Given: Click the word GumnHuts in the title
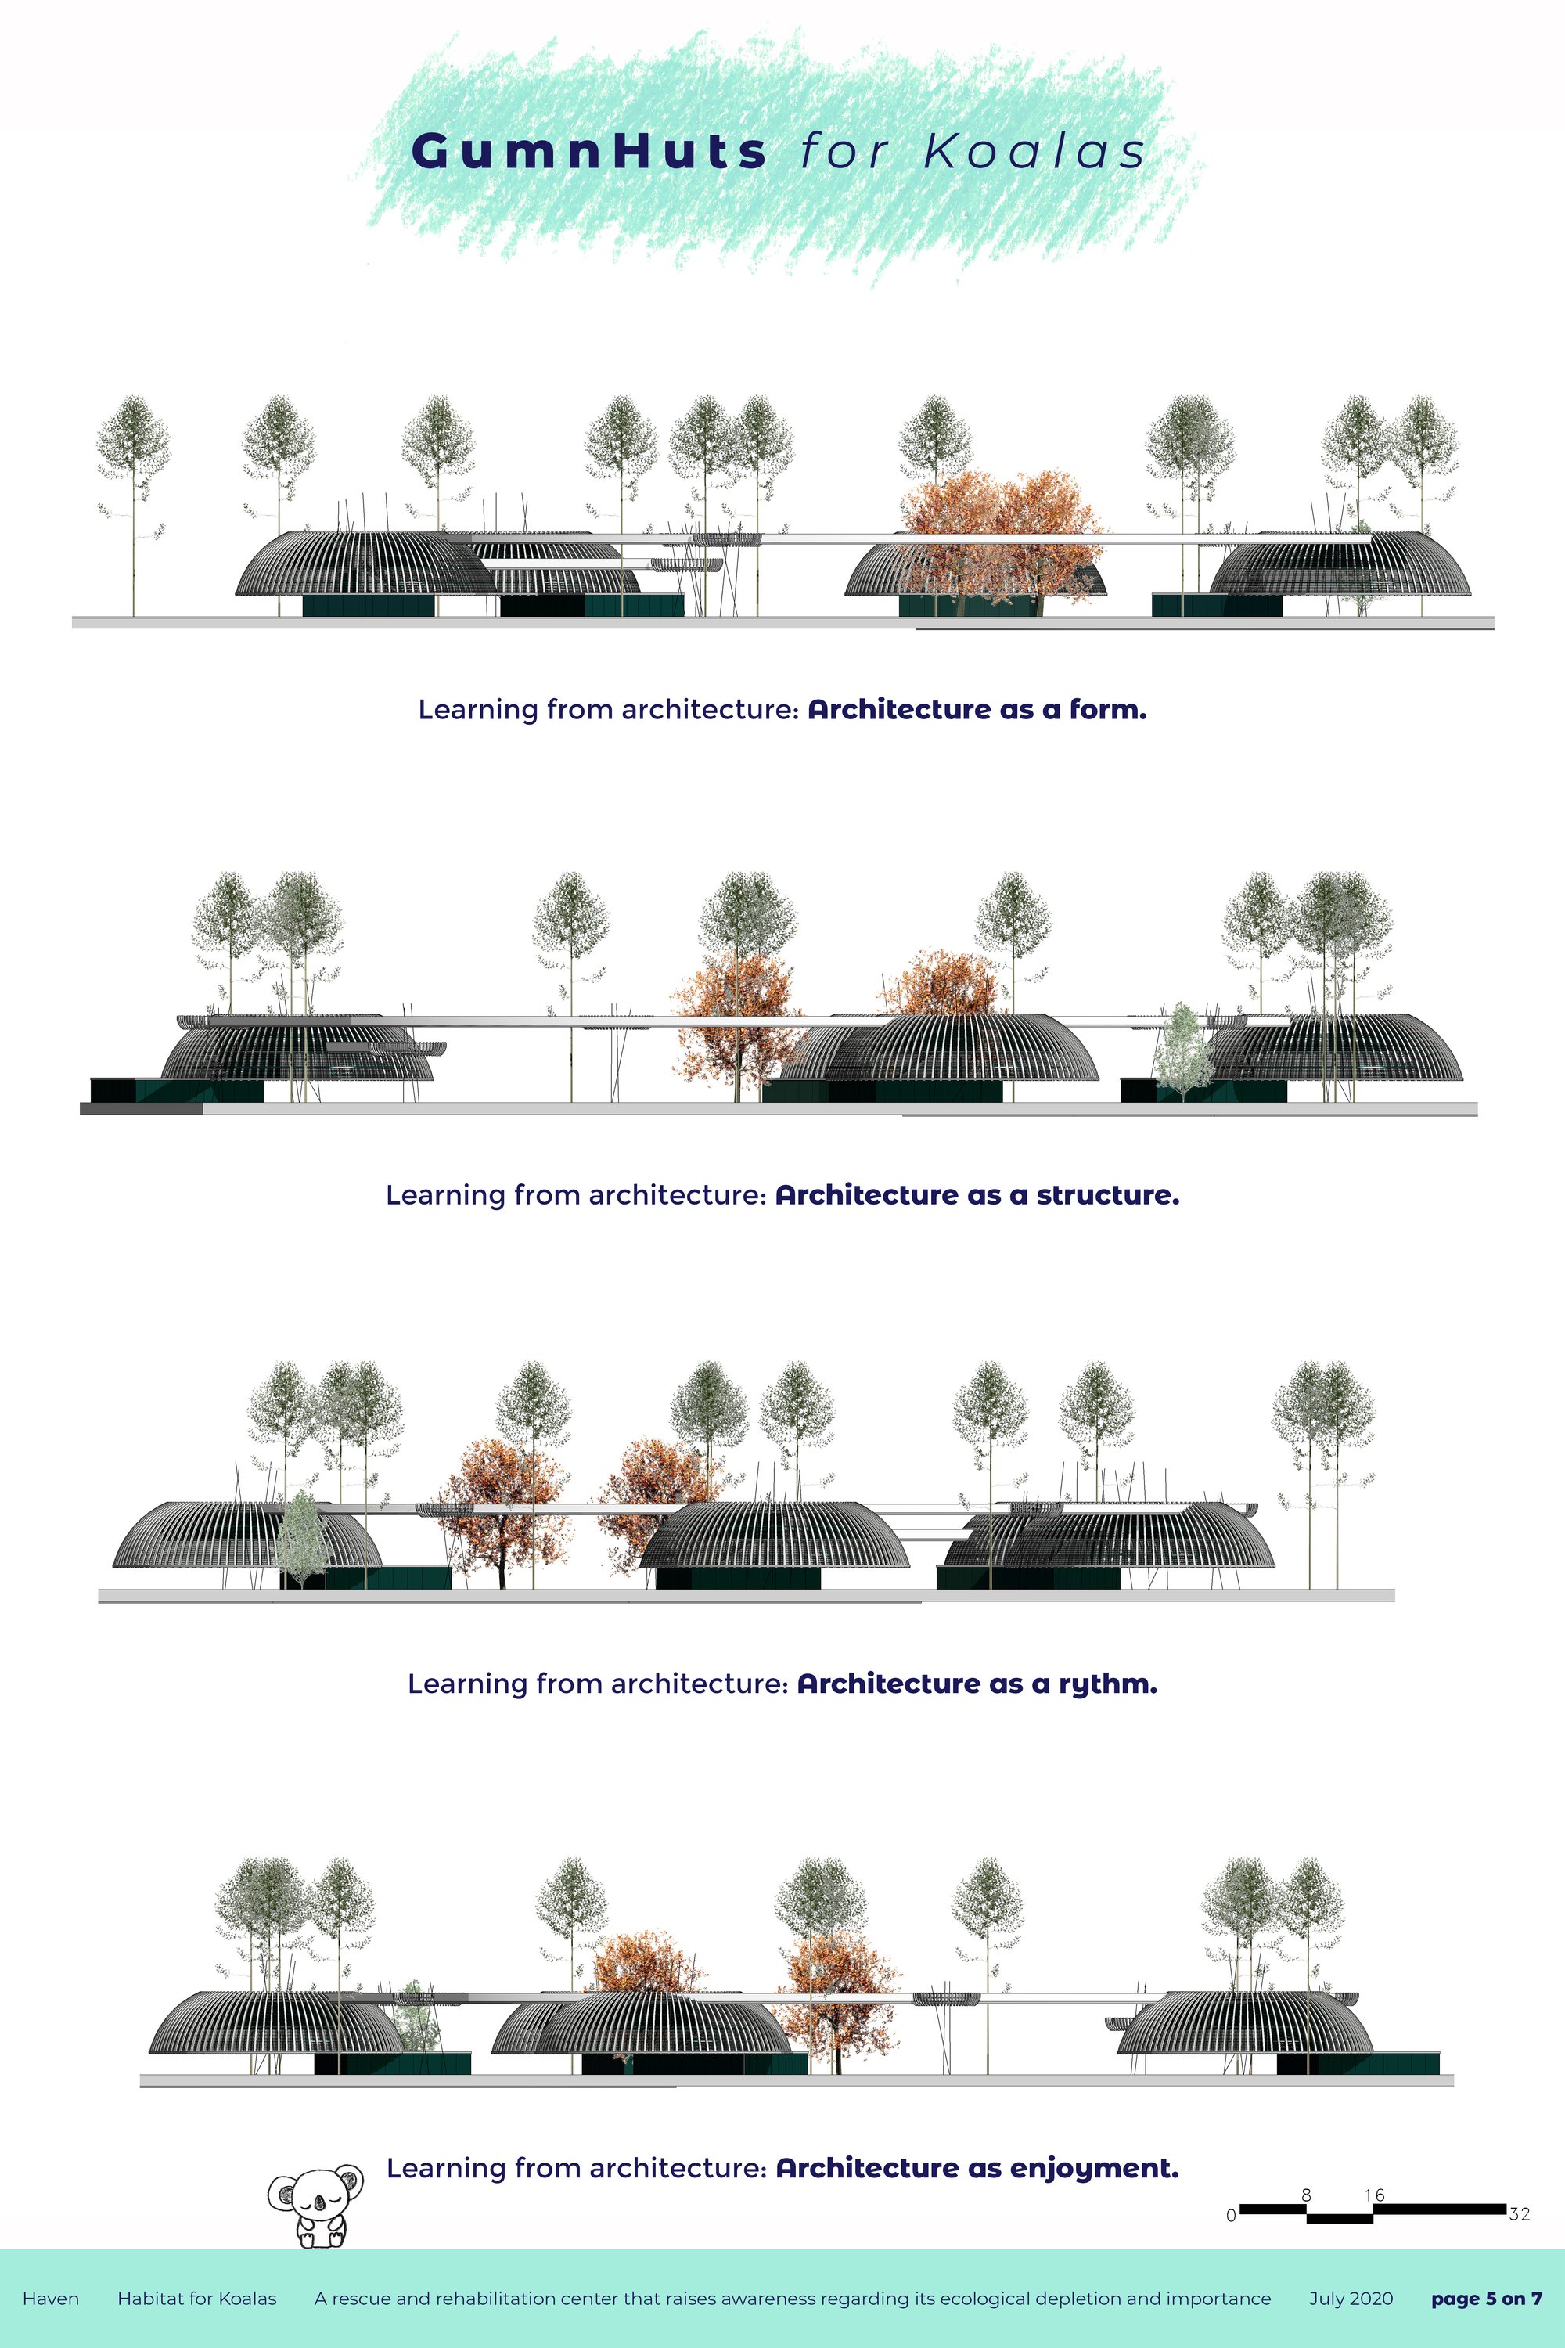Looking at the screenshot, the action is tap(589, 152).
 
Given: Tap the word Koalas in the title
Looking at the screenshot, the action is tap(1034, 152).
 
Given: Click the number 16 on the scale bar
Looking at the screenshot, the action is tap(1374, 2195).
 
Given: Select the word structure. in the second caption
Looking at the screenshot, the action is tap(1108, 1195).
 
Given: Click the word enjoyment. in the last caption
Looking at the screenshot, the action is tap(1094, 2168).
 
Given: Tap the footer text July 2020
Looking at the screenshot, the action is tap(1351, 2298).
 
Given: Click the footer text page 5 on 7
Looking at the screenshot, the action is tap(1486, 2298).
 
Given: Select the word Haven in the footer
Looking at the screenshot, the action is tap(51, 2298).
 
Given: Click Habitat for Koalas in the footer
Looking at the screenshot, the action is tap(196, 2298).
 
